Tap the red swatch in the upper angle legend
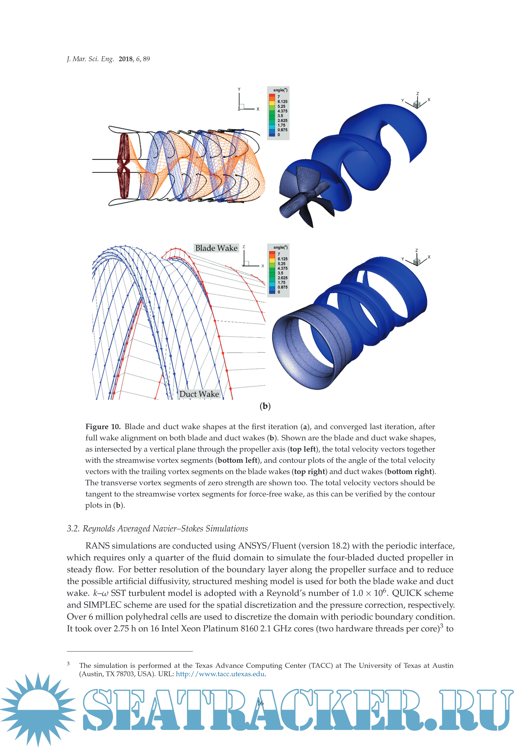pos(272,96)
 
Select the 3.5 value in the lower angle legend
pos(280,273)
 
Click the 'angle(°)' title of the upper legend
pos(280,90)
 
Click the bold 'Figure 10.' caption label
pos(103,427)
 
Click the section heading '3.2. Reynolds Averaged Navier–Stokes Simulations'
pos(157,529)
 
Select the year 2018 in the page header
pos(126,59)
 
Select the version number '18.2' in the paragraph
pos(340,546)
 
